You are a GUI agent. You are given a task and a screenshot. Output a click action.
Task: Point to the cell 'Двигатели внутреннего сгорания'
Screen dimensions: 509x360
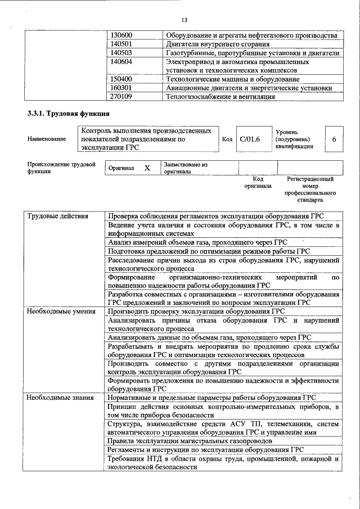[217, 44]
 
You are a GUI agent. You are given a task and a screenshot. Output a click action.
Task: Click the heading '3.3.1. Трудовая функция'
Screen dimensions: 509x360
[65, 114]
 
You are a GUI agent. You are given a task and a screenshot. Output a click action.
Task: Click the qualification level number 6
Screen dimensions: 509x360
[334, 139]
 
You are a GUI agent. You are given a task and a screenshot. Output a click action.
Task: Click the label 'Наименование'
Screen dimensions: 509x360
[46, 139]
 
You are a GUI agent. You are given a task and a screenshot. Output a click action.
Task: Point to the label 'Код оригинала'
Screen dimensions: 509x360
[258, 182]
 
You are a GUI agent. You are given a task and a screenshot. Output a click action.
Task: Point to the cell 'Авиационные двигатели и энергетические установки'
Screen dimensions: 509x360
[249, 88]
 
